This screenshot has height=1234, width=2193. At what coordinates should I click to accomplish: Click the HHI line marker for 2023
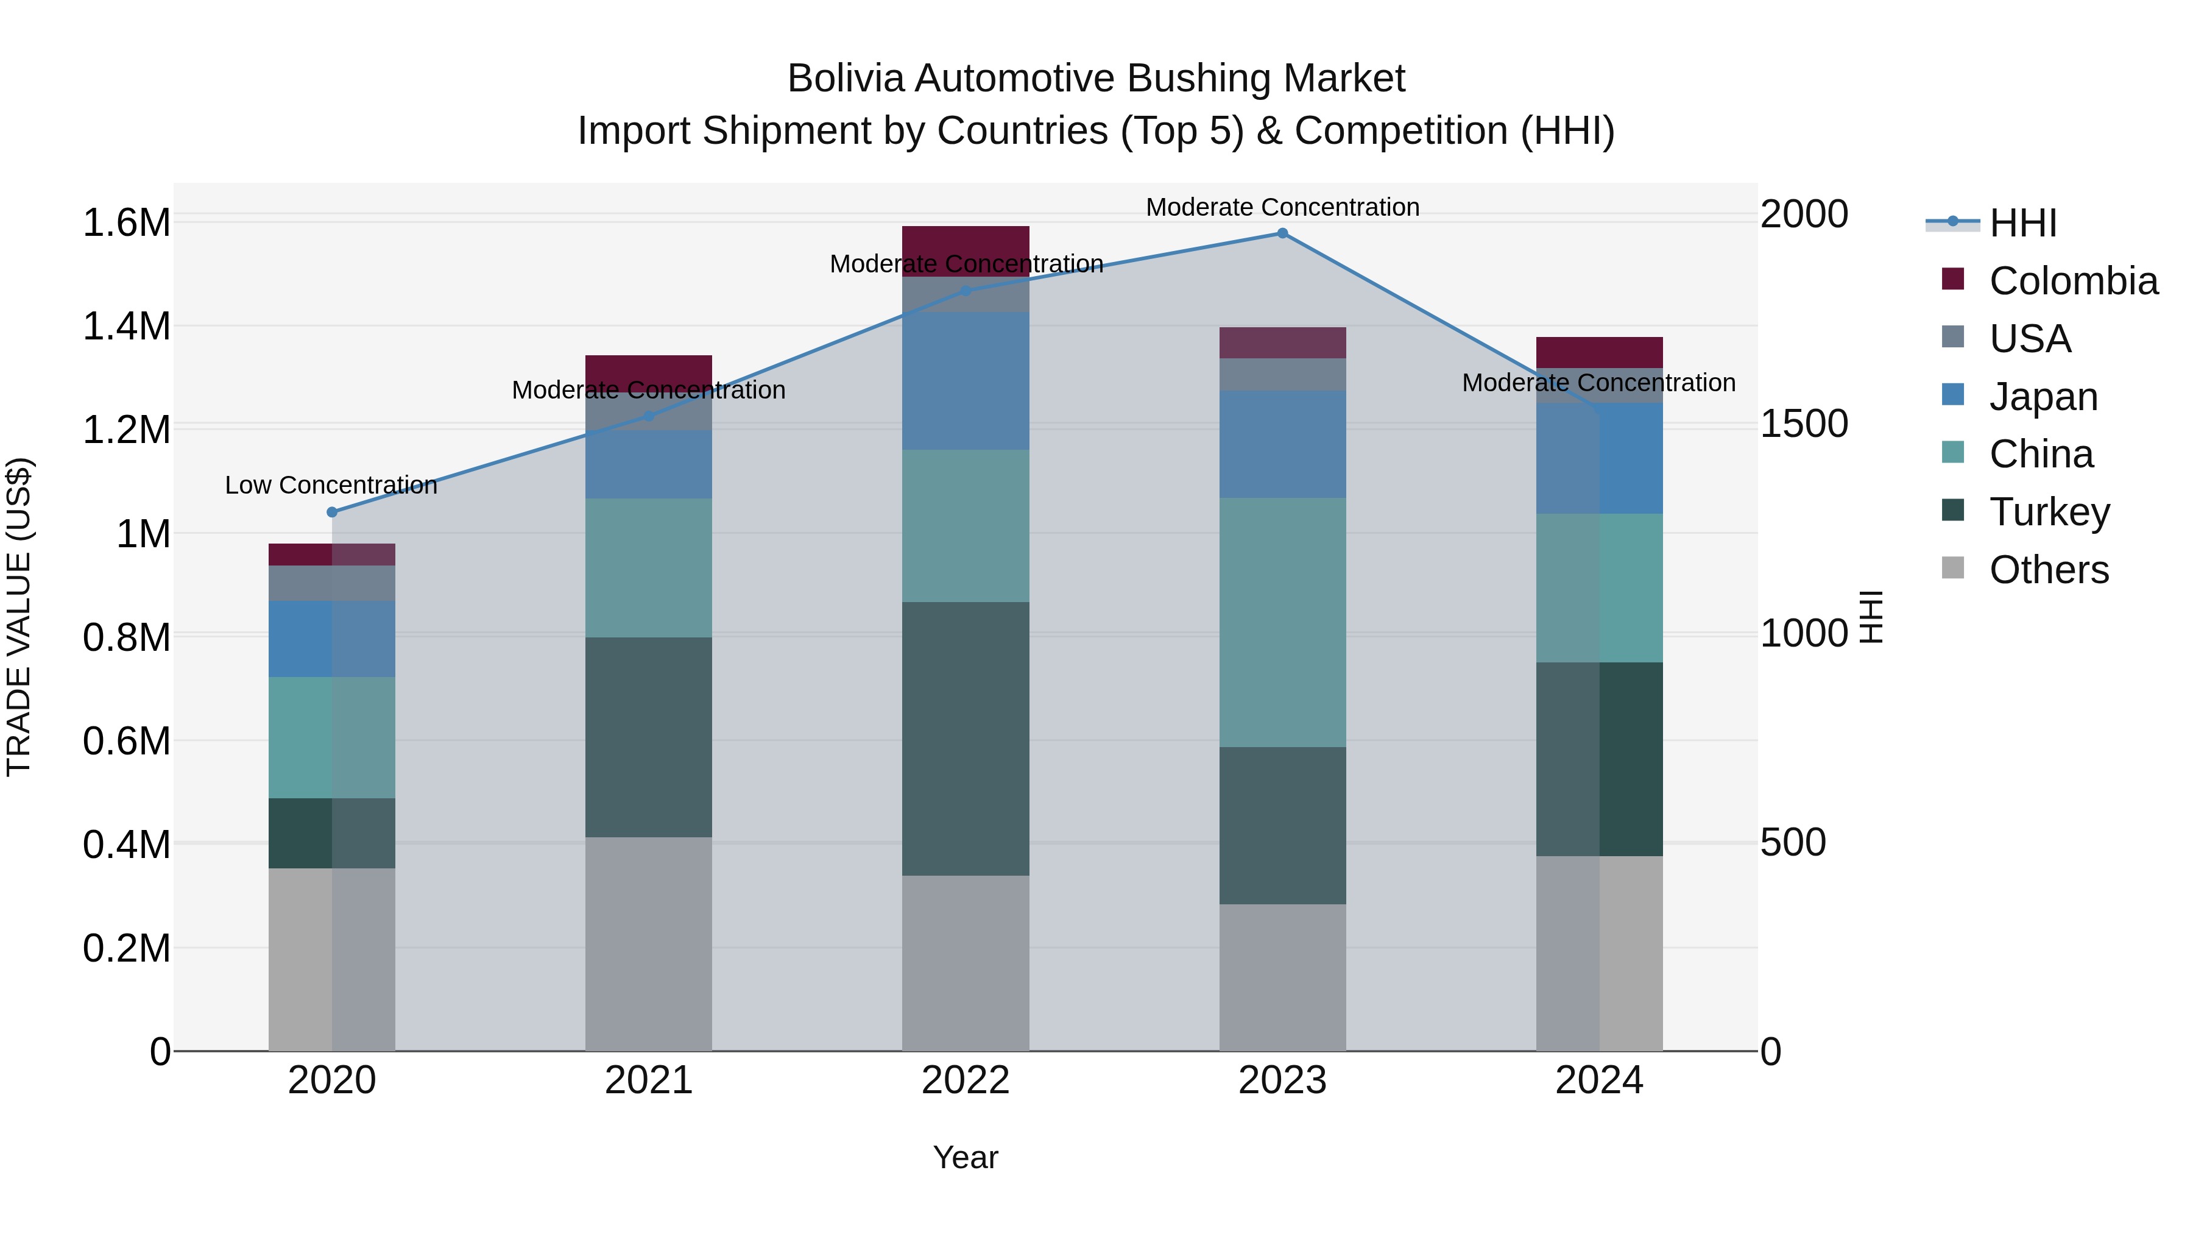pos(1282,233)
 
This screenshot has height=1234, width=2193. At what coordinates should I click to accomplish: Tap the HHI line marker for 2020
pos(332,512)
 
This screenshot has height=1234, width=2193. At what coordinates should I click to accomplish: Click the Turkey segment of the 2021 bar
pos(649,737)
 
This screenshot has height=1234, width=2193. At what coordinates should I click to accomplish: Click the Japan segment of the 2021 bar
pos(649,464)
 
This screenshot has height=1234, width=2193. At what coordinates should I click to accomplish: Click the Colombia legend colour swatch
pos(1953,278)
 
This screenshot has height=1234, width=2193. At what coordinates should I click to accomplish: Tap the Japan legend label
pos(2043,397)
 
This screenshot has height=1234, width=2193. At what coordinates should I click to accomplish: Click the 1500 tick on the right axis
pos(1804,424)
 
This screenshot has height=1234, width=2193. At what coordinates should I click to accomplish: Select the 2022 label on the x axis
pos(966,1080)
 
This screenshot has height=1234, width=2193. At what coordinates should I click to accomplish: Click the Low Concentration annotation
pos(331,486)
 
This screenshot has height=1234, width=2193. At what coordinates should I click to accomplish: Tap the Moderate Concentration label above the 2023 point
pos(1282,207)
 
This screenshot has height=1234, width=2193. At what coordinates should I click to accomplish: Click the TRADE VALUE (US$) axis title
pos(19,617)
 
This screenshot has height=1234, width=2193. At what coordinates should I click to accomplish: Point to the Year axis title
pos(966,1157)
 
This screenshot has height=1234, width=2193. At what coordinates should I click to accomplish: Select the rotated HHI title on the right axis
pos(1871,617)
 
